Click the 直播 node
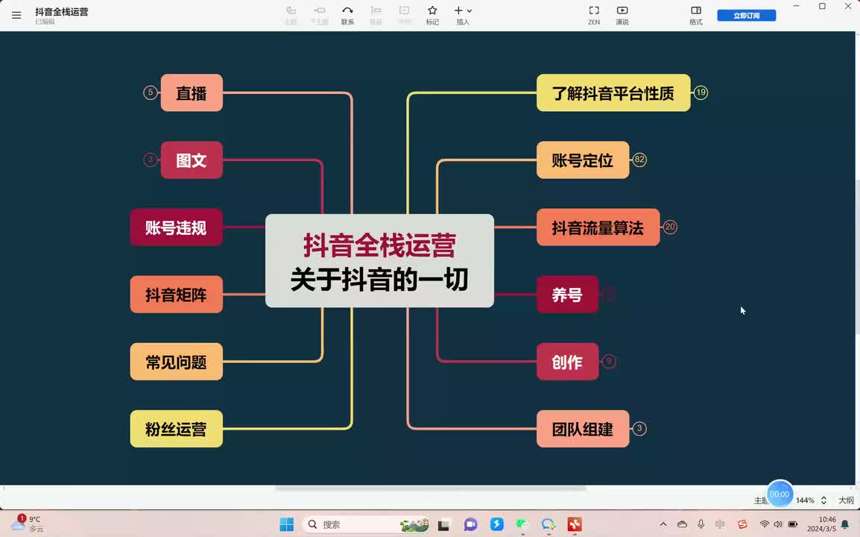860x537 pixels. (x=192, y=93)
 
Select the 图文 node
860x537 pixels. (x=192, y=160)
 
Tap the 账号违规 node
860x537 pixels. (x=176, y=227)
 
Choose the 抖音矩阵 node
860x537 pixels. (x=176, y=295)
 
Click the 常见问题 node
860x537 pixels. (x=176, y=362)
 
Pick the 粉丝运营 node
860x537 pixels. (x=176, y=429)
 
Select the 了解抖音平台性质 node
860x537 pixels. (x=613, y=93)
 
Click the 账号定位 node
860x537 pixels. (x=582, y=160)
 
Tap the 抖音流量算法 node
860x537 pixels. (x=598, y=227)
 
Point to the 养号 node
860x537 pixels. (x=566, y=295)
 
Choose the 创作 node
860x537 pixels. (x=566, y=362)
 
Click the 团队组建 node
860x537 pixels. (x=582, y=429)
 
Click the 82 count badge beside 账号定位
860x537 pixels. (x=639, y=160)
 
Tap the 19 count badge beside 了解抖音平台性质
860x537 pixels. (x=701, y=92)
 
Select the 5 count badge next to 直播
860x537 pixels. (x=151, y=92)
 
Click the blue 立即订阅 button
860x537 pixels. (x=746, y=16)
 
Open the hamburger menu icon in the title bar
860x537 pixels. (x=16, y=15)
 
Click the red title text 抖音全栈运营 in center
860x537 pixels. (x=379, y=245)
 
